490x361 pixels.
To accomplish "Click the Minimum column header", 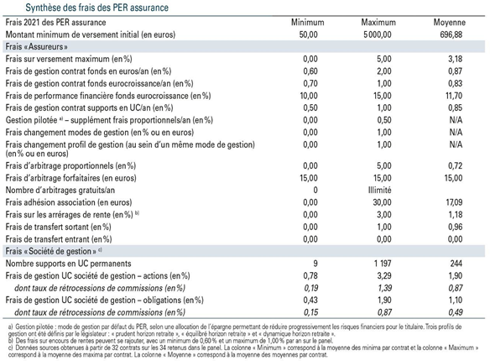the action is (x=307, y=23).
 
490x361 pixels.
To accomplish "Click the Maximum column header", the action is (x=378, y=23).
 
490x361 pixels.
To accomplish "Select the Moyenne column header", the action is (x=450, y=23).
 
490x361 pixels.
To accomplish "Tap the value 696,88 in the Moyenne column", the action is (x=451, y=34).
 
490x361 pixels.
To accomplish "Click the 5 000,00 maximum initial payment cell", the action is (x=378, y=34).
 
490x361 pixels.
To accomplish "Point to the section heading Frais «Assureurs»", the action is (x=37, y=47).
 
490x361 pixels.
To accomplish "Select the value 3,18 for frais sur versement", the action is (x=455, y=59).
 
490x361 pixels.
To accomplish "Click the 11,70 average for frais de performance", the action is (x=454, y=96).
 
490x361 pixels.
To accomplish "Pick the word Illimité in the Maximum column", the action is (x=379, y=190).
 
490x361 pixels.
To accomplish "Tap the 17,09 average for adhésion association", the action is (x=454, y=202).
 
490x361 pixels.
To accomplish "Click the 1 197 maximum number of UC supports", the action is (x=383, y=264).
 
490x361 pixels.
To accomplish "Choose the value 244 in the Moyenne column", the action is (x=456, y=264).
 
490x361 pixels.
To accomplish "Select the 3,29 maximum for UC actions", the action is (x=384, y=275).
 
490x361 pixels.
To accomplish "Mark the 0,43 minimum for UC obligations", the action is (x=310, y=300).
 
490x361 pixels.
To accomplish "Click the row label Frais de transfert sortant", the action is (x=59, y=227).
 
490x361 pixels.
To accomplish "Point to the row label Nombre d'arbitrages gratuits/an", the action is (x=60, y=190).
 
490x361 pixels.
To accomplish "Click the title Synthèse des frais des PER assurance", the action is (x=96, y=8).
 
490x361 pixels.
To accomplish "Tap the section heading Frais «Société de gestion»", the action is (x=53, y=251).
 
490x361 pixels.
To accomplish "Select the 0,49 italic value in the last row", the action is (x=456, y=312).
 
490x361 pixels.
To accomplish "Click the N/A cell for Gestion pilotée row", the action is (x=456, y=120).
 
